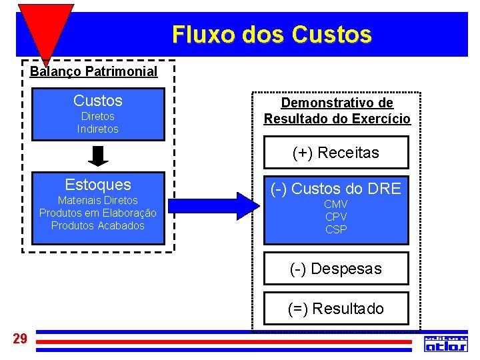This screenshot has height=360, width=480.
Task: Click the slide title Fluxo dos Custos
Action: pos(271,34)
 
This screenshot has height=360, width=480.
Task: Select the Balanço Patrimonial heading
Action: pos(94,71)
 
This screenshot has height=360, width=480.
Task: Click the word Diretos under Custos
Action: pos(98,117)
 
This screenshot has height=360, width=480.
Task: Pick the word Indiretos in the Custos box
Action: pos(98,129)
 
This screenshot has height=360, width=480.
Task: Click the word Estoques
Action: pos(98,185)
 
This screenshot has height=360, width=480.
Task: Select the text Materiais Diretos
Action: pos(98,201)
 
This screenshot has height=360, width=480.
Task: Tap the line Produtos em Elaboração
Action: pos(98,213)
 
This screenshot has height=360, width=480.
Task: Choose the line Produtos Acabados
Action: pos(98,226)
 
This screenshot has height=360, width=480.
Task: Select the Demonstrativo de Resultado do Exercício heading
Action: pos(337,111)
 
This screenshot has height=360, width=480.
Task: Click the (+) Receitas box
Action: pos(336,153)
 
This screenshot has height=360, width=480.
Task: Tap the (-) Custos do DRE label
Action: pos(336,189)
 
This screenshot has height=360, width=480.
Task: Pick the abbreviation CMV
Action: pos(336,204)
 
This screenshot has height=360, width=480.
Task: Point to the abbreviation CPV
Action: pos(336,217)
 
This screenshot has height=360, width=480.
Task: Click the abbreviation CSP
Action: pos(336,229)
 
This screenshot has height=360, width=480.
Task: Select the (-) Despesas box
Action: pos(336,269)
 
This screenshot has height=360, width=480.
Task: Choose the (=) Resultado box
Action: pos(336,309)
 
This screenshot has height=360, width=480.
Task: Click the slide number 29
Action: pos(20,339)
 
